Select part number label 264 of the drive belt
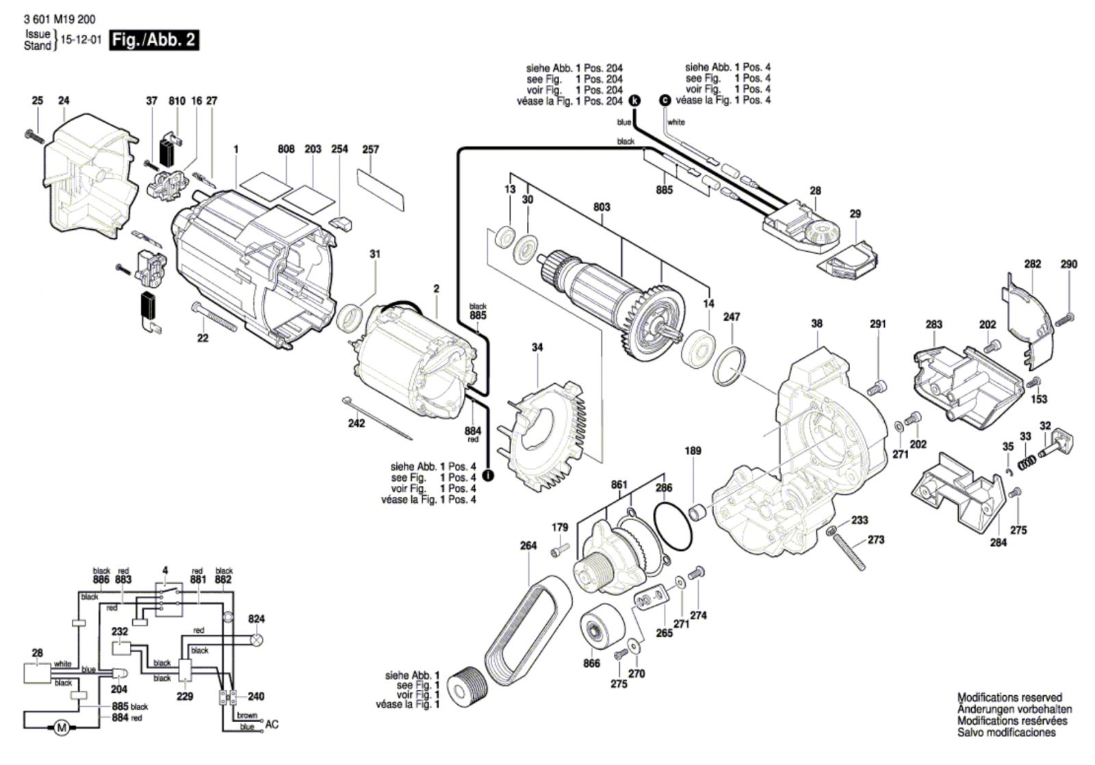pyautogui.click(x=528, y=546)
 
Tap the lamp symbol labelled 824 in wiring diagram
pyautogui.click(x=257, y=640)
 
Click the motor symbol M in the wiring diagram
pyautogui.click(x=61, y=728)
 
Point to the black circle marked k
pyautogui.click(x=635, y=101)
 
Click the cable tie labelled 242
pyautogui.click(x=376, y=419)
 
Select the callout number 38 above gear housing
pyautogui.click(x=816, y=324)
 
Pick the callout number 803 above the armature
pyautogui.click(x=602, y=207)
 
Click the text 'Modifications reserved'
pyautogui.click(x=1009, y=698)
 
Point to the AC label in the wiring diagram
pyautogui.click(x=272, y=725)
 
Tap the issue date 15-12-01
pyautogui.click(x=81, y=40)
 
